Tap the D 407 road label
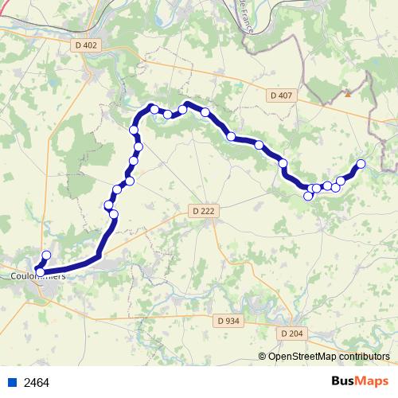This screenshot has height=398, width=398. (281, 96)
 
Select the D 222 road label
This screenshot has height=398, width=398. (204, 210)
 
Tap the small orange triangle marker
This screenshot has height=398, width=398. (348, 94)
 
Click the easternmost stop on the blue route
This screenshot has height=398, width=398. (361, 164)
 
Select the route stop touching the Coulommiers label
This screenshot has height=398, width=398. (40, 272)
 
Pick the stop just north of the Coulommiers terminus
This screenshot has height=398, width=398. (46, 256)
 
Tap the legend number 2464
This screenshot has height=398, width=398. (37, 382)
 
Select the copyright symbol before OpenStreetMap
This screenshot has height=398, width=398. (263, 357)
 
